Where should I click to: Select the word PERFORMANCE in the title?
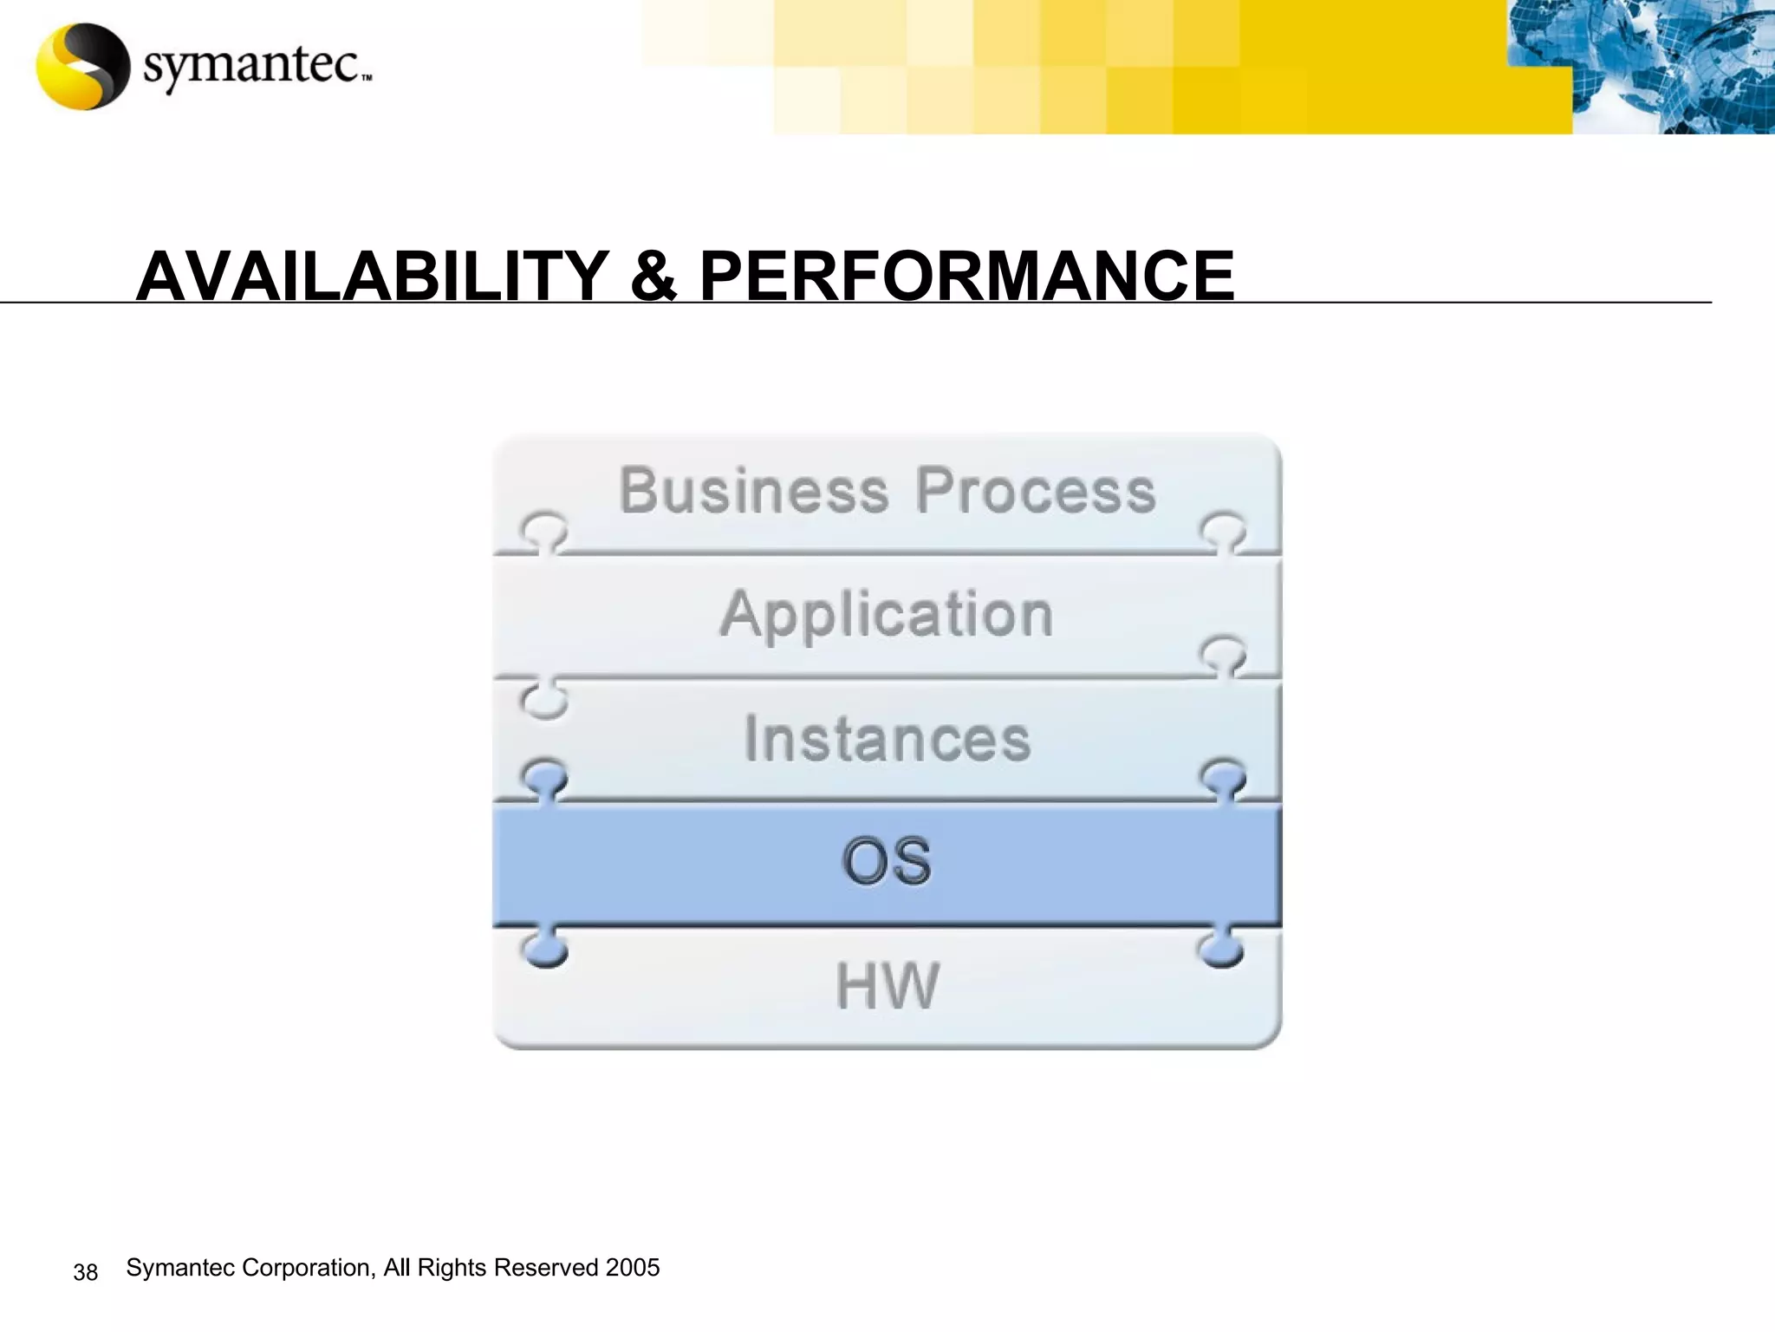click(966, 276)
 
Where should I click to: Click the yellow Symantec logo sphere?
click(83, 66)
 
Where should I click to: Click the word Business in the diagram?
click(753, 491)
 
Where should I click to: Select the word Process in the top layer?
click(1036, 491)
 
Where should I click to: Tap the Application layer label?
click(887, 615)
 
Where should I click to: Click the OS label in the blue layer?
click(887, 862)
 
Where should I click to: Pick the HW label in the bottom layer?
click(887, 986)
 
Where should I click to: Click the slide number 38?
click(85, 1272)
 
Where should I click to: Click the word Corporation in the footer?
click(308, 1268)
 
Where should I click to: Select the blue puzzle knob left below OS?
click(545, 950)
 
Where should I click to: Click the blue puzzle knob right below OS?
click(1222, 950)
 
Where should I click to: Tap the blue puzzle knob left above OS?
click(544, 777)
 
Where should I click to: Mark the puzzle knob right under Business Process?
click(1223, 531)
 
